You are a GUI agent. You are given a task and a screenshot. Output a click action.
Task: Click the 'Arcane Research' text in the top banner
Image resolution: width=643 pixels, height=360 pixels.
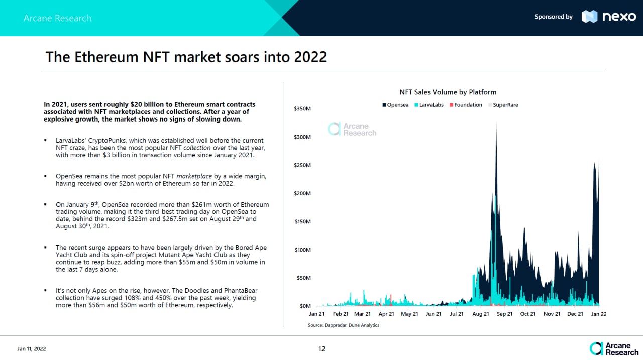tap(57, 18)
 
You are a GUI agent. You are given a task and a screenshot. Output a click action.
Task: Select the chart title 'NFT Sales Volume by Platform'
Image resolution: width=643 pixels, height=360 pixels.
tap(448, 92)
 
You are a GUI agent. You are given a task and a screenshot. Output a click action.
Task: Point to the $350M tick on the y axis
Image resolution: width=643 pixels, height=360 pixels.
tap(302, 108)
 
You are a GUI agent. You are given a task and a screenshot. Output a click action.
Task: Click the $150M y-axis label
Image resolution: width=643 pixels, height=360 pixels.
tap(302, 221)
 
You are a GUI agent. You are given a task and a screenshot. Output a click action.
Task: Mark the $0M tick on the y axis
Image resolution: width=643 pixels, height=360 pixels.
tap(304, 306)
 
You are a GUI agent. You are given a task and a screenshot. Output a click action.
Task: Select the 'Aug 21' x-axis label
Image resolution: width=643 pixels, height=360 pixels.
tap(481, 314)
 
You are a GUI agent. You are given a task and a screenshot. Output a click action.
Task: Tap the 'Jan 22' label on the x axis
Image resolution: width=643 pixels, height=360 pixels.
tap(598, 314)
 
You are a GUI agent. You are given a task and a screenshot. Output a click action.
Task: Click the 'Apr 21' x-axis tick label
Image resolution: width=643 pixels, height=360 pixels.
tap(386, 314)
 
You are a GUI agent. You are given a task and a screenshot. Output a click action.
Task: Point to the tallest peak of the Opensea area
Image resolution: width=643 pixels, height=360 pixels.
tap(496, 122)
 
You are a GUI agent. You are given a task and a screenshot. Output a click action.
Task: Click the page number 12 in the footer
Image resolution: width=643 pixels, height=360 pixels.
tap(321, 349)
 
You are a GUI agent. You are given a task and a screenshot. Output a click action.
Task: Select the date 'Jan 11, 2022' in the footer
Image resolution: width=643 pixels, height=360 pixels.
tap(32, 349)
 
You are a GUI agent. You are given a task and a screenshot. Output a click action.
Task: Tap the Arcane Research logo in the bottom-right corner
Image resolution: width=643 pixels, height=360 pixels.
tap(614, 348)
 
